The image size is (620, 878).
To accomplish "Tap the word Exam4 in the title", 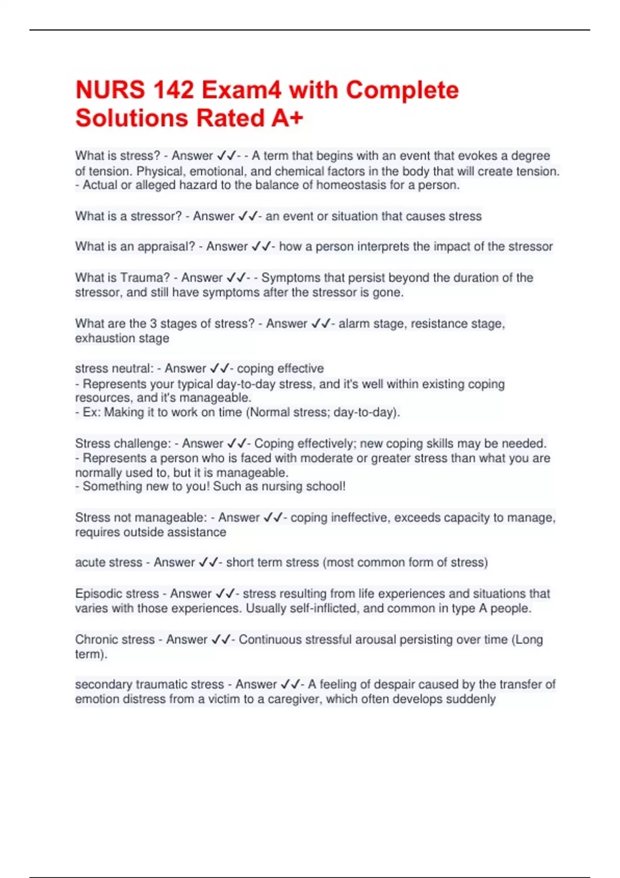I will coord(242,90).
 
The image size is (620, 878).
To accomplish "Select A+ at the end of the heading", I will coord(287,118).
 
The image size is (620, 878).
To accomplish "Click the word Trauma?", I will coord(145,278).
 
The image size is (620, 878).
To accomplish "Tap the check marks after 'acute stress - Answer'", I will coord(209,562).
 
